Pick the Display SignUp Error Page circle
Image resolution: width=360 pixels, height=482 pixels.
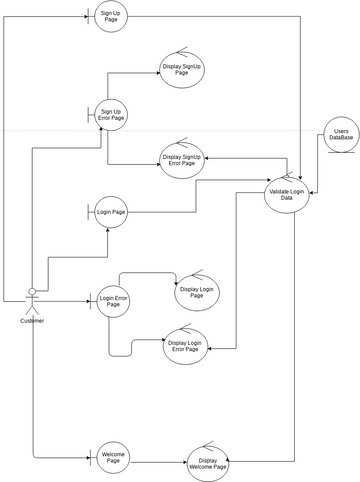coord(181,159)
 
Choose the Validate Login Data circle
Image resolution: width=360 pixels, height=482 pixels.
coord(287,194)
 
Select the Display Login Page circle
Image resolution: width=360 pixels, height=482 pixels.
coord(195,291)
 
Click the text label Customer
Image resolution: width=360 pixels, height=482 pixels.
coord(33,320)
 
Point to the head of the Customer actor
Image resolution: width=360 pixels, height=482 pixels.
coord(33,291)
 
